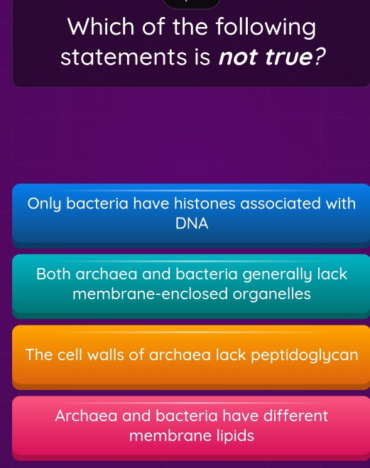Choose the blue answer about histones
pyautogui.click(x=191, y=213)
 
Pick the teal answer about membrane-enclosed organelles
pyautogui.click(x=191, y=284)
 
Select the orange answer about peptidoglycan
pyautogui.click(x=191, y=354)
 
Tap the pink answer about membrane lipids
pyautogui.click(x=191, y=425)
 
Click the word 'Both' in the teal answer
pyautogui.click(x=55, y=274)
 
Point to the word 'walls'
pyautogui.click(x=110, y=354)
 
